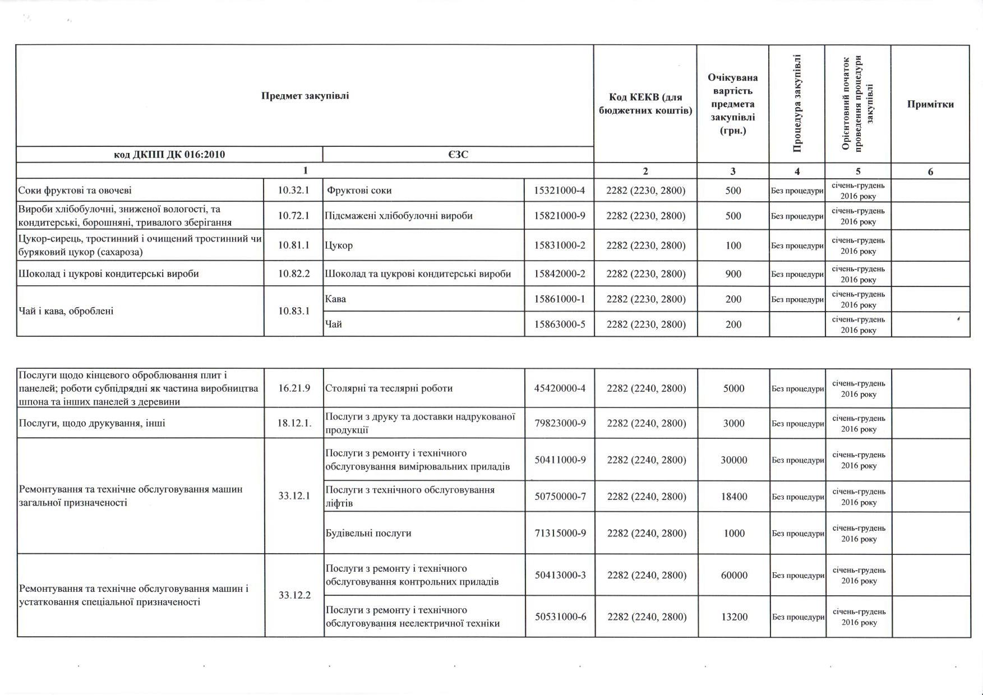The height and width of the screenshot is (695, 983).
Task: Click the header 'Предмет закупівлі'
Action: pos(305,96)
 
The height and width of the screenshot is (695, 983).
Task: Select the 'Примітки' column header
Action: pos(930,104)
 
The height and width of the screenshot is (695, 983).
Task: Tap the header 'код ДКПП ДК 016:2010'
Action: pos(169,155)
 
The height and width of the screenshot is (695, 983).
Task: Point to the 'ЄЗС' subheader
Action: pos(458,155)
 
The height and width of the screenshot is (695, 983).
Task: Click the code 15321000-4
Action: pos(559,191)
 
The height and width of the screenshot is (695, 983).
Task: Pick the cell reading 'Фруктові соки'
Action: pos(359,191)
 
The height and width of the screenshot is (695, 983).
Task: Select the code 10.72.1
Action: pos(293,216)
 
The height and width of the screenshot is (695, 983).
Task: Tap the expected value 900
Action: pos(733,274)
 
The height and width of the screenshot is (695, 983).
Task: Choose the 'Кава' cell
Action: pos(336,299)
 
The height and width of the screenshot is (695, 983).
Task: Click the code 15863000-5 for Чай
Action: pos(559,325)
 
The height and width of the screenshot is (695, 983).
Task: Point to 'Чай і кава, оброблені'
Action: pos(66,311)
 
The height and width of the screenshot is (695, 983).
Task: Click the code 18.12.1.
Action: pos(294,423)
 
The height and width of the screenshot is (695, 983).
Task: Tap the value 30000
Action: pos(733,460)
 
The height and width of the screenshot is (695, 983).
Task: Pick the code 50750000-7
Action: pos(560,497)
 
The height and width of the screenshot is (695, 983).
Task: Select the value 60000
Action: pos(733,576)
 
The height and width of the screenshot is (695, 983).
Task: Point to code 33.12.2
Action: pos(294,595)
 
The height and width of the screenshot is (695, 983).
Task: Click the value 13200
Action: pos(733,617)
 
